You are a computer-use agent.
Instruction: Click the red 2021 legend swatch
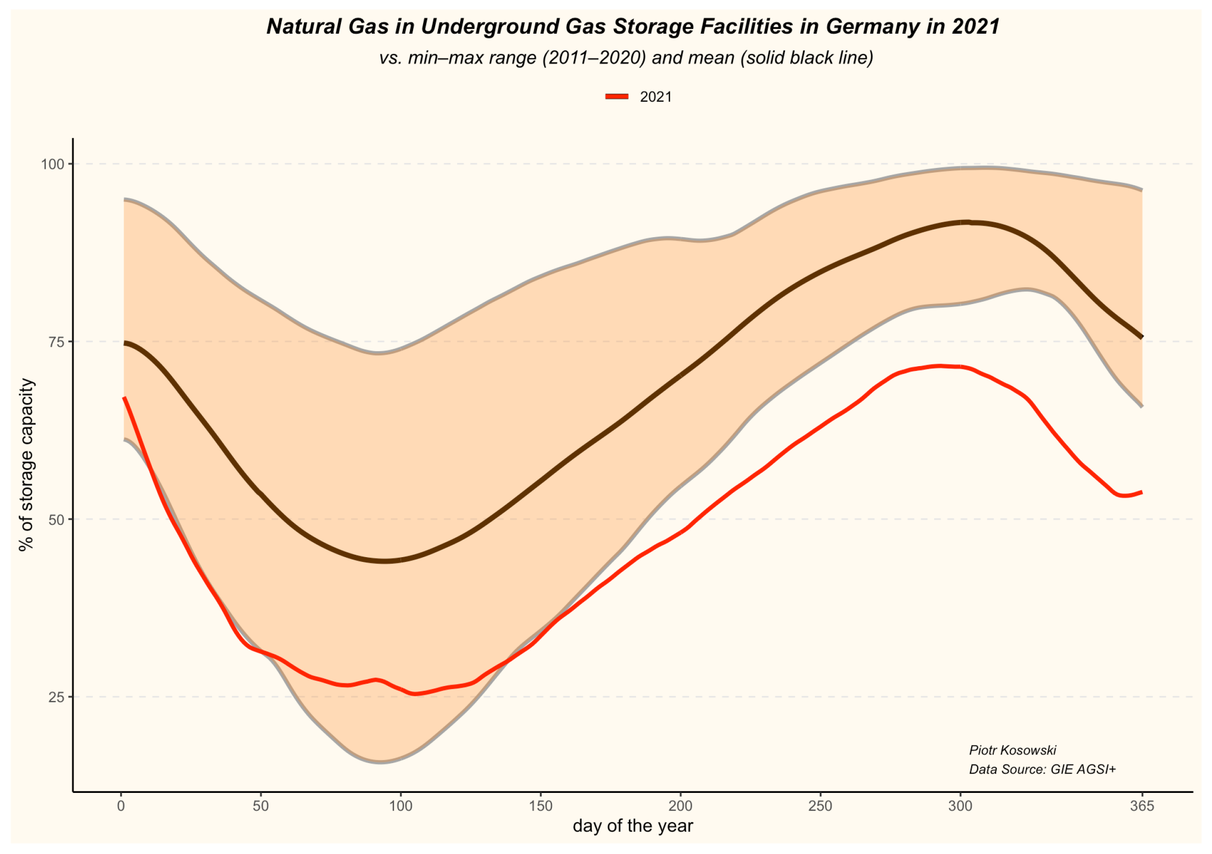(x=616, y=97)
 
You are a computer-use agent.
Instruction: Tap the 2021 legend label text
(x=656, y=97)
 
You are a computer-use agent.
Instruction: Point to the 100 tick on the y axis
(x=53, y=164)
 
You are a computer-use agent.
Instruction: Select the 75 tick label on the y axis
(x=56, y=342)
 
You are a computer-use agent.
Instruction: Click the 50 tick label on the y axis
(x=56, y=520)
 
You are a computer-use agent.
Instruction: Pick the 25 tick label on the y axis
(x=56, y=697)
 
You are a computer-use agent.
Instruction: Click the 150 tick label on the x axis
(x=540, y=806)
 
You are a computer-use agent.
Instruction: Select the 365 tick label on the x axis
(x=1142, y=806)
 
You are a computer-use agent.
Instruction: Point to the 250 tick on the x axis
(x=820, y=806)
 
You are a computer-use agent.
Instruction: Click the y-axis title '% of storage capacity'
(x=26, y=465)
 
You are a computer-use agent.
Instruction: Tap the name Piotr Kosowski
(x=1012, y=751)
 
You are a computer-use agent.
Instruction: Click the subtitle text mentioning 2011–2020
(x=626, y=58)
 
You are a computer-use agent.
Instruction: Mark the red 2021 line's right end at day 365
(x=1142, y=492)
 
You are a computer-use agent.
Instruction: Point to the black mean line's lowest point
(x=384, y=561)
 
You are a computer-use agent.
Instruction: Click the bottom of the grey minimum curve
(x=380, y=762)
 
